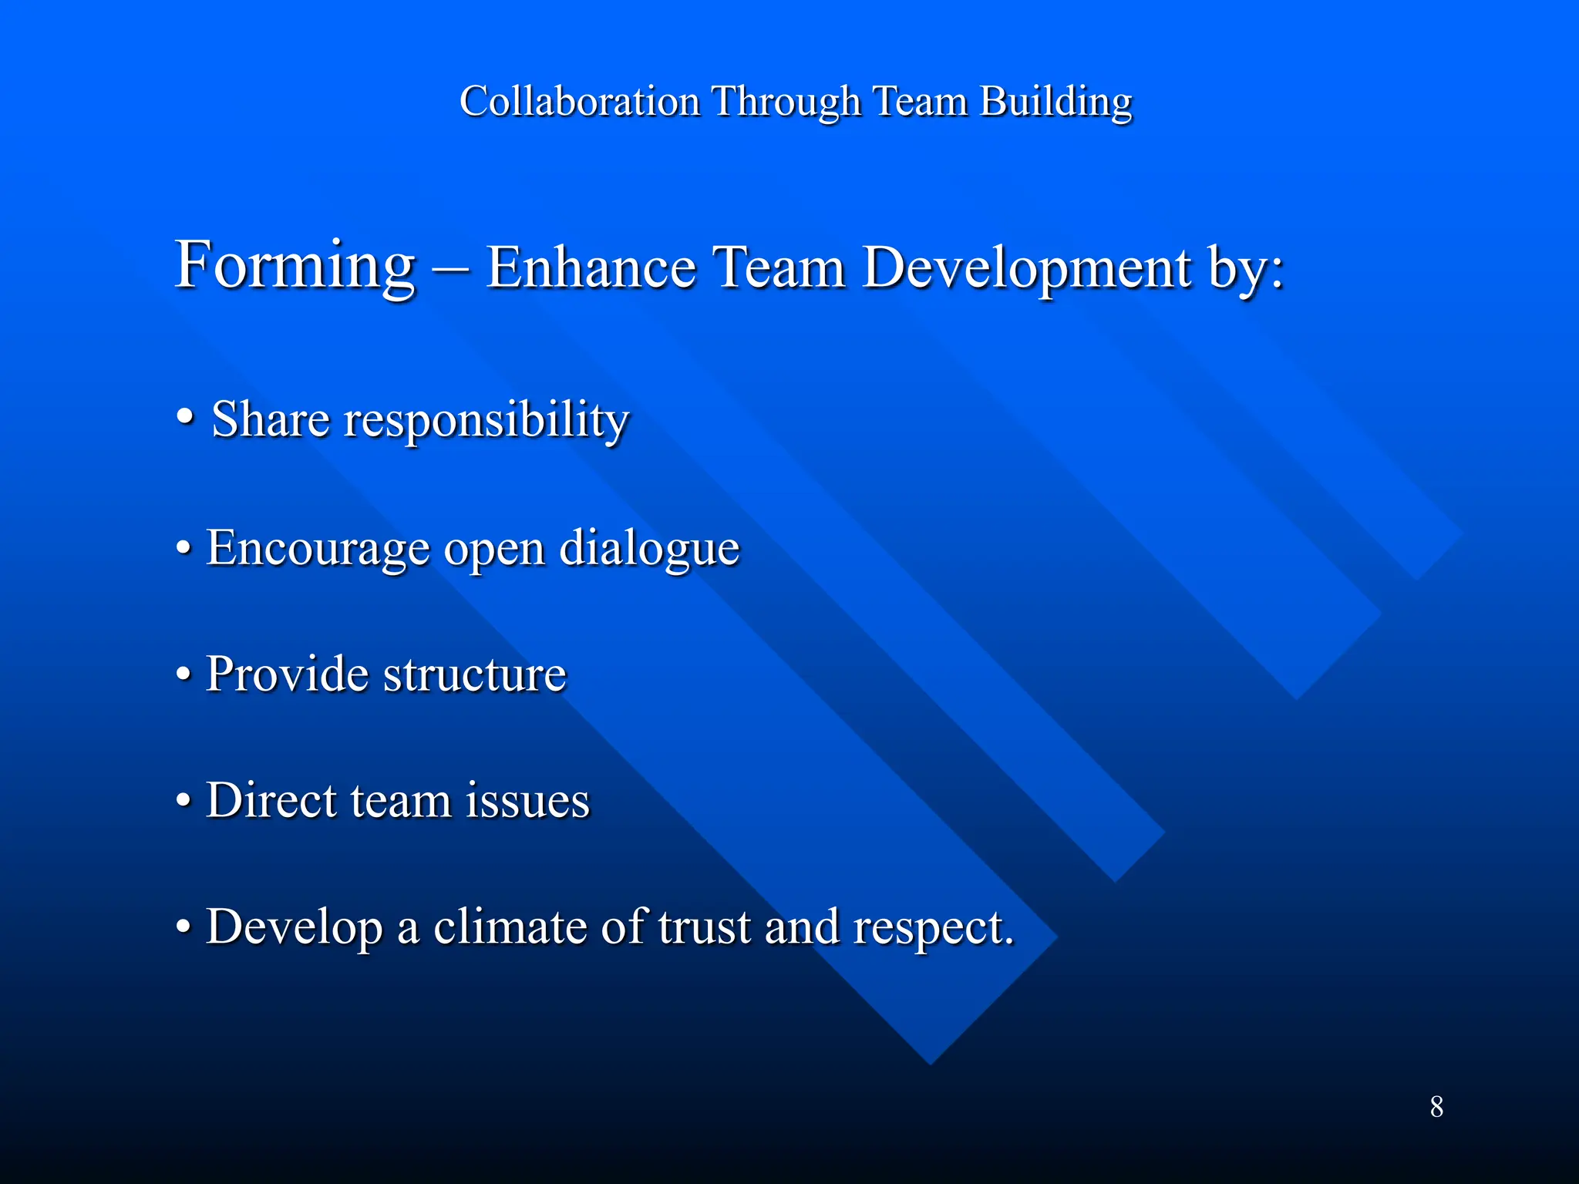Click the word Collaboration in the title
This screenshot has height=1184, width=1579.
pos(579,101)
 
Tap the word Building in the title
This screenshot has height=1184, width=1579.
pos(1055,101)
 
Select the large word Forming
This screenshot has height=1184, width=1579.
pos(295,266)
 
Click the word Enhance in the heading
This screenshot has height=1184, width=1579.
pos(591,267)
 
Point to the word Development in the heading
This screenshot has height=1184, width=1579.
pos(1026,267)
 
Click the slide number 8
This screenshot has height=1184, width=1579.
pos(1436,1107)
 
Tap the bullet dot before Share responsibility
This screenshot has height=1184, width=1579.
pos(184,417)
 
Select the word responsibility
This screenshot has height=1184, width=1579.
pos(486,422)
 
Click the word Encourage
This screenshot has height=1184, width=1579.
pos(318,549)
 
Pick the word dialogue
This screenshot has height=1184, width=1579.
pos(649,549)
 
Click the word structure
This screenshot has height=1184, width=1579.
pos(475,674)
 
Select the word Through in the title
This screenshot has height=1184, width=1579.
pos(786,101)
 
